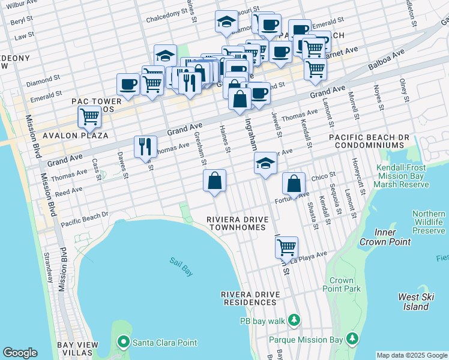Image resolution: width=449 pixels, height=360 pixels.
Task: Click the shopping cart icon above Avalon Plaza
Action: coord(89,116)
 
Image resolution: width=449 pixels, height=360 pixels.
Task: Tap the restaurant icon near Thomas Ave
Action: coord(145,146)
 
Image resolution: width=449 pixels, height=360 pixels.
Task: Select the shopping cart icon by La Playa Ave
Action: coord(287,246)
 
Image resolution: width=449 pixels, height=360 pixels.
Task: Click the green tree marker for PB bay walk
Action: coord(294,319)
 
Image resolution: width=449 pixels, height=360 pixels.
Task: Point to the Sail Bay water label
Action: coord(181,266)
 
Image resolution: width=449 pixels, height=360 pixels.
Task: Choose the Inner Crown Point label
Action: coord(385,237)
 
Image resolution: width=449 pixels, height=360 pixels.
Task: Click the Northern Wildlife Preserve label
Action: coord(429,222)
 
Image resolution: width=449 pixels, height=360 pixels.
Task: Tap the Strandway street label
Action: coord(49,266)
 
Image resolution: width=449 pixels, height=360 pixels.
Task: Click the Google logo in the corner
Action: coord(20,353)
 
